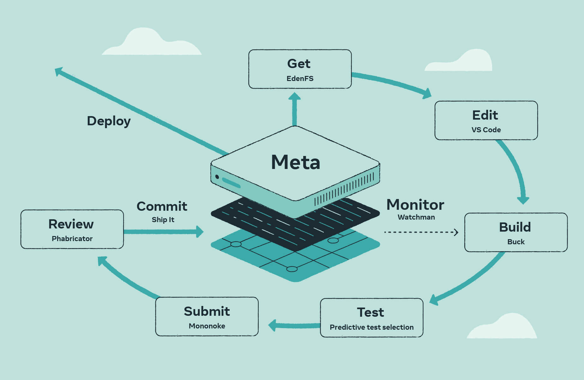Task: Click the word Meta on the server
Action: [296, 162]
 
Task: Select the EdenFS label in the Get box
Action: [300, 78]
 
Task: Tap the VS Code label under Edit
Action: [486, 130]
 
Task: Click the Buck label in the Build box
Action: [515, 242]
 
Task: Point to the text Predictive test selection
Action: [371, 327]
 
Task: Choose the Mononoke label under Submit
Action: [207, 326]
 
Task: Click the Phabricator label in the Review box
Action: [72, 239]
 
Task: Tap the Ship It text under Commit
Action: [163, 220]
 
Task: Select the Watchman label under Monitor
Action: [416, 217]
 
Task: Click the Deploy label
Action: [109, 121]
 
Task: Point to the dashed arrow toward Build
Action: [420, 232]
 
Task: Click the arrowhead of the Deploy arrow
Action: [59, 72]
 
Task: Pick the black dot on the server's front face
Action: [217, 177]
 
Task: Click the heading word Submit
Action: [207, 311]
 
